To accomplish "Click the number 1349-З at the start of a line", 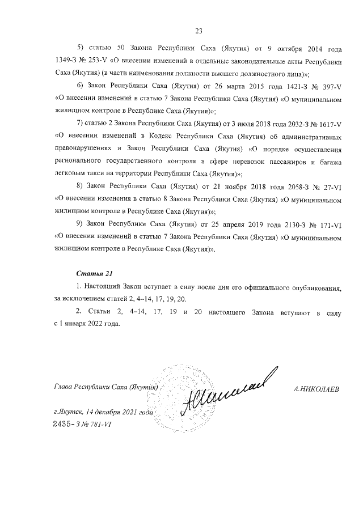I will point(67,59).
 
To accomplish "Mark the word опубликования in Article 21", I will point(315,288).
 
